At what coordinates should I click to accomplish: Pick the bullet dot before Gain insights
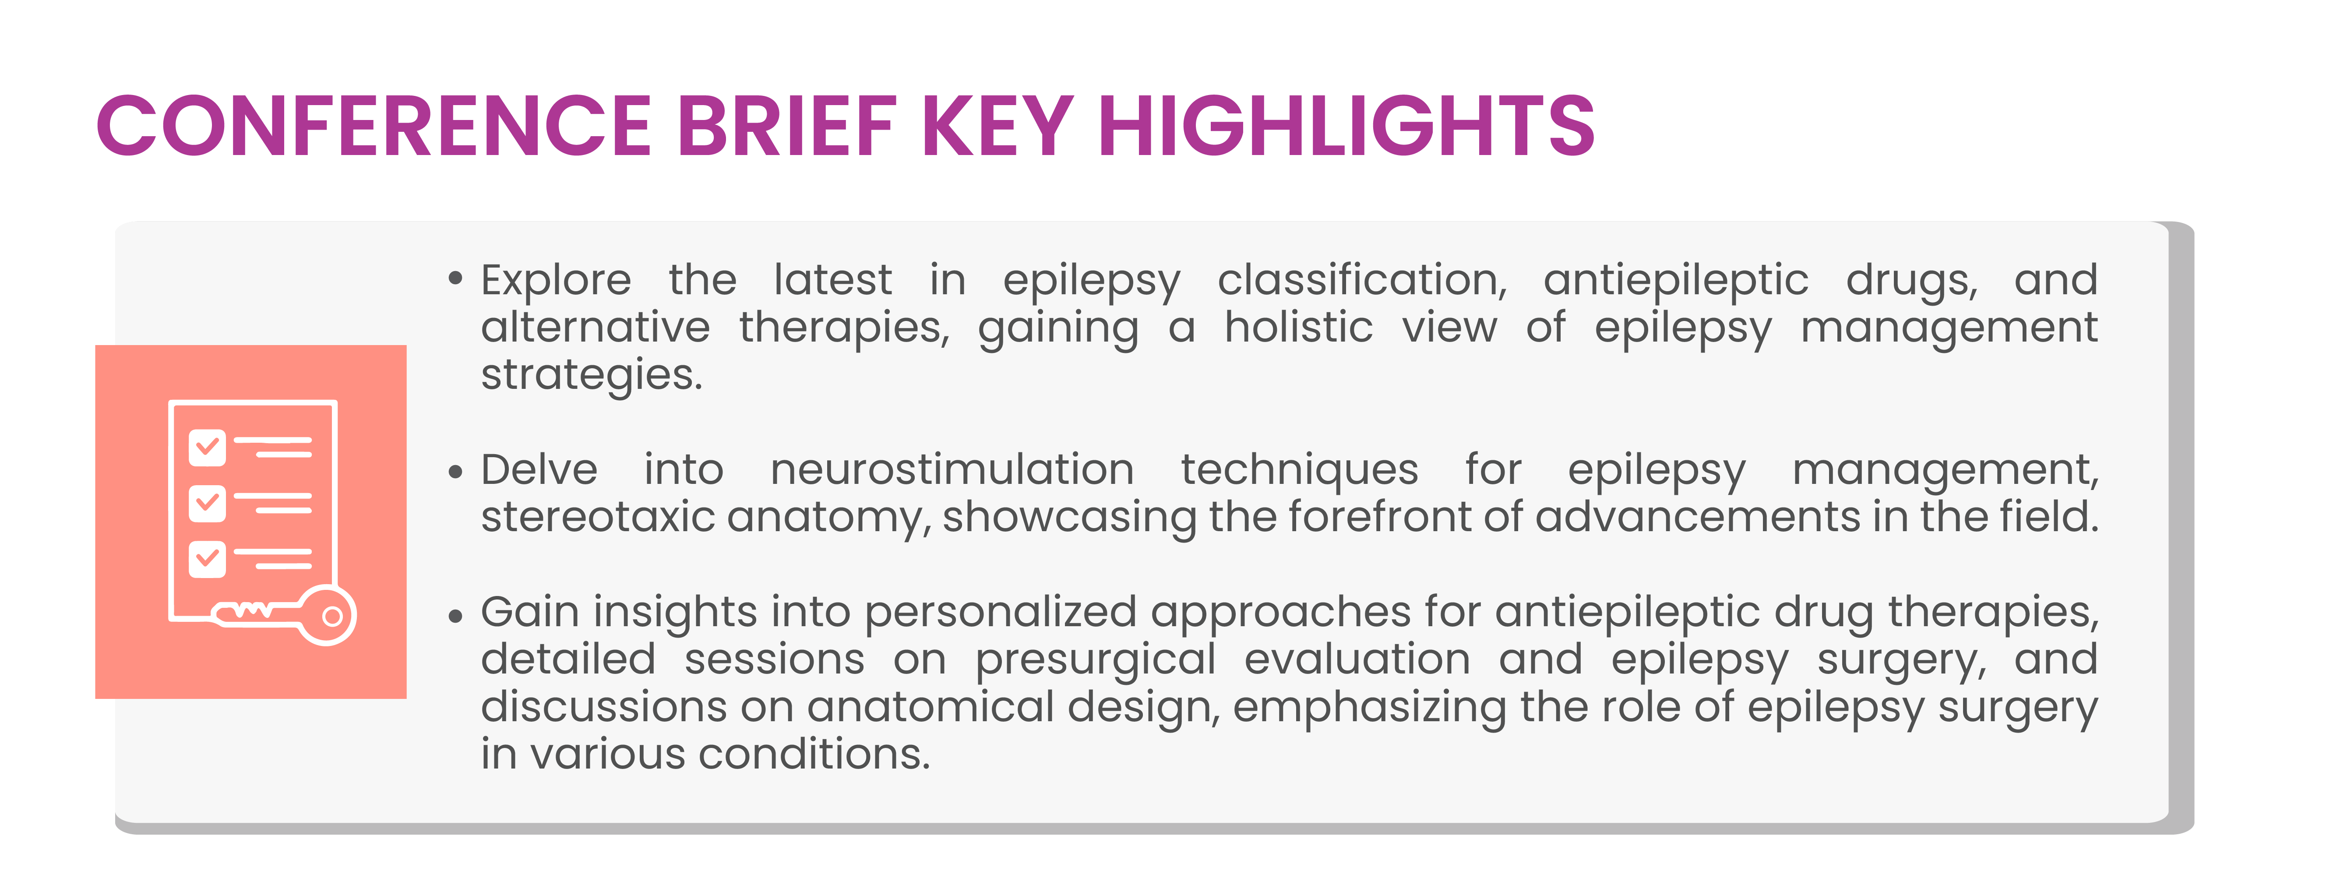pyautogui.click(x=455, y=616)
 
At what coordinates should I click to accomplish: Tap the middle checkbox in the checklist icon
pyautogui.click(x=207, y=503)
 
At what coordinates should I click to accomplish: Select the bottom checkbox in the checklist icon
pyautogui.click(x=207, y=559)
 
